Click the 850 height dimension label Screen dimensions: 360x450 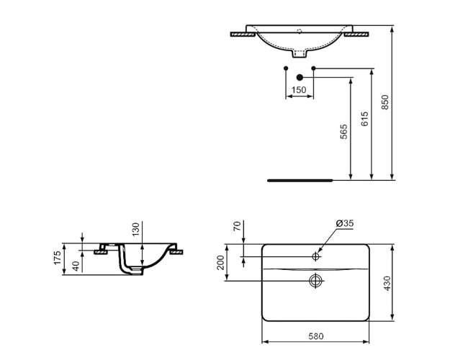[385, 103]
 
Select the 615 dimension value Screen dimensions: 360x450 [364, 119]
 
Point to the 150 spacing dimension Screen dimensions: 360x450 [299, 90]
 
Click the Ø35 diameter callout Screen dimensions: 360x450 [346, 224]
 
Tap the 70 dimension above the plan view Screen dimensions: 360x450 [235, 227]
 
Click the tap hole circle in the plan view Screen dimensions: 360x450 [317, 256]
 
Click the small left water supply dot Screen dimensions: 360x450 [287, 68]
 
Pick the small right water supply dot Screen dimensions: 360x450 [312, 68]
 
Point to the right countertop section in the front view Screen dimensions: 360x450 [356, 33]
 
